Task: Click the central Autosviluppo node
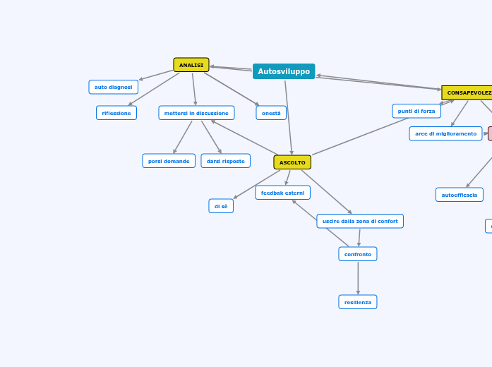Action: click(x=284, y=71)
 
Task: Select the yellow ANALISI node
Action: click(x=191, y=65)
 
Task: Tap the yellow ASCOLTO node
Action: click(x=292, y=162)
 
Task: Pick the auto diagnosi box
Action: click(x=113, y=87)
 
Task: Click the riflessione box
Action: click(x=116, y=113)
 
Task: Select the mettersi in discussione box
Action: click(x=196, y=113)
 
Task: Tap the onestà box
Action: click(x=271, y=113)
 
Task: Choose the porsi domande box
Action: click(x=169, y=161)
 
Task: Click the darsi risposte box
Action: click(x=225, y=161)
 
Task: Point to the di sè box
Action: click(x=221, y=206)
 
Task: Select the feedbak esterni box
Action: click(x=282, y=193)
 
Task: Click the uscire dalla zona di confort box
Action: click(x=360, y=221)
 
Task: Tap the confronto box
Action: click(x=358, y=254)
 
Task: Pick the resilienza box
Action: click(x=358, y=302)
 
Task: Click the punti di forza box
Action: click(x=416, y=111)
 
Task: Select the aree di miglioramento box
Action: click(x=445, y=133)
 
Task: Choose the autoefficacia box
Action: click(x=460, y=195)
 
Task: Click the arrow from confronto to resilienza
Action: click(x=358, y=278)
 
